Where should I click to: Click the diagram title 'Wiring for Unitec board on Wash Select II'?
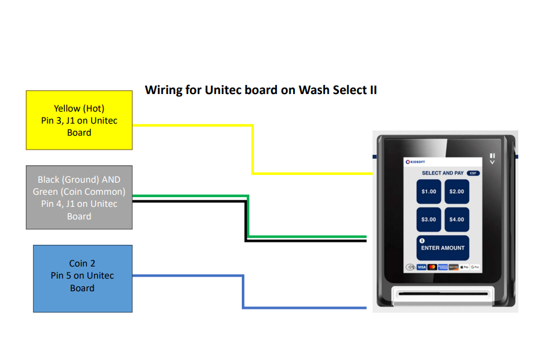(261, 90)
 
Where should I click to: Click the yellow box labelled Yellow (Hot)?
(79, 120)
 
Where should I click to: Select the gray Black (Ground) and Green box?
(79, 198)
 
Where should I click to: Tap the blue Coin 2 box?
(82, 278)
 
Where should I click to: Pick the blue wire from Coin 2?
(243, 292)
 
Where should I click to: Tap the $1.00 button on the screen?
(429, 192)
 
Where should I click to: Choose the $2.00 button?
(457, 192)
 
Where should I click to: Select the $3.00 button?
(429, 219)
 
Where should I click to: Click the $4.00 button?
(457, 219)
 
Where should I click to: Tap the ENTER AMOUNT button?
(443, 247)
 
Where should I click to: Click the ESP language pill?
(473, 173)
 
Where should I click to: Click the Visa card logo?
(422, 267)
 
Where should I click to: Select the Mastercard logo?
(432, 267)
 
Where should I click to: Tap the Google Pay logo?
(475, 267)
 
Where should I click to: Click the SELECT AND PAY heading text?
(442, 173)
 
